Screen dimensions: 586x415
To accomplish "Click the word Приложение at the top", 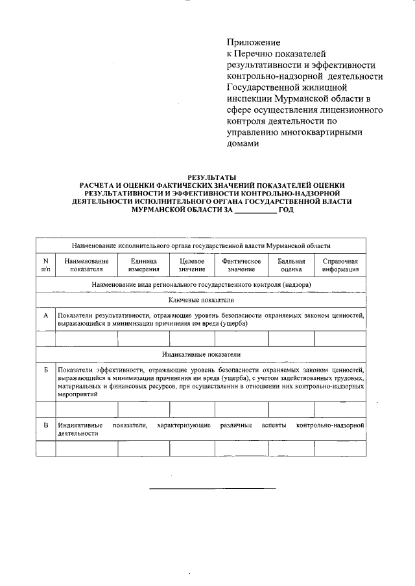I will tap(252, 41).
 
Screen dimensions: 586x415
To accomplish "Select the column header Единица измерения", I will tap(143, 265).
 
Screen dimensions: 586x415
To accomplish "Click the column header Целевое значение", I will tap(192, 265).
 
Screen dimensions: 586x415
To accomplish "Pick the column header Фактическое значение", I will tap(241, 265).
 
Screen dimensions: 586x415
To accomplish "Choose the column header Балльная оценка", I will tap(291, 265).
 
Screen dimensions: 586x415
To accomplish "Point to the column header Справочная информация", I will tap(340, 265).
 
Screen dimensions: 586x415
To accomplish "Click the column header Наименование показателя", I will tap(86, 265).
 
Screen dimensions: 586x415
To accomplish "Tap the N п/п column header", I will tap(45, 265).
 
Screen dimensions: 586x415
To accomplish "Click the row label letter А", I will tap(45, 315).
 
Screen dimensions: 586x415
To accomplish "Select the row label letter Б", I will tap(45, 369).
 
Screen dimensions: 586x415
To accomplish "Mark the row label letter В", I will tap(45, 425).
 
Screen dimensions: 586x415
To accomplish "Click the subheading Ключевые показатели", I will tap(201, 300).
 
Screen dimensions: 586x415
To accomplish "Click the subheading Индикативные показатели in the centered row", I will tap(201, 354).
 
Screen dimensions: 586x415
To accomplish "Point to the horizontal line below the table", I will tap(212, 488).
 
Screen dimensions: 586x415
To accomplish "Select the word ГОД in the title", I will tap(286, 210).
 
